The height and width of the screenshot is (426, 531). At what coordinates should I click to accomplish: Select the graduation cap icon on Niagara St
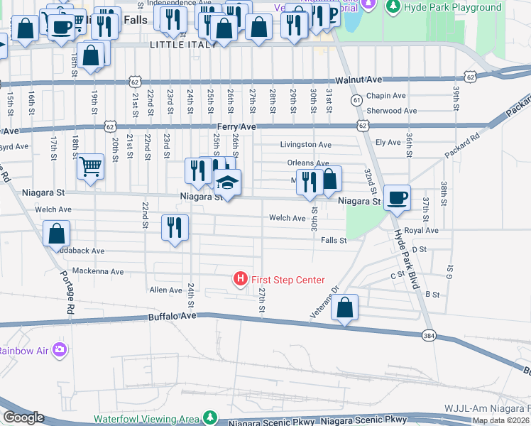coord(228,183)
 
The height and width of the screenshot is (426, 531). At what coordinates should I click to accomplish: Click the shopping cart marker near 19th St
coord(90,168)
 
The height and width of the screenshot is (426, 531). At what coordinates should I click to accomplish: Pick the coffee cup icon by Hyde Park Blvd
coord(397,197)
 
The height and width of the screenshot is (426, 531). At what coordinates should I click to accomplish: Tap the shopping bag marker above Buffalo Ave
coord(344,307)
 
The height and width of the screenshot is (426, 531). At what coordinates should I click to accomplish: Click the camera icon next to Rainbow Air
coord(60,349)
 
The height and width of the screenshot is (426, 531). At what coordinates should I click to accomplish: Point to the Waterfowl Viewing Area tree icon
coord(209,417)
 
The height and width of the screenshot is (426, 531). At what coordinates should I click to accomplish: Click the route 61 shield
coord(356,102)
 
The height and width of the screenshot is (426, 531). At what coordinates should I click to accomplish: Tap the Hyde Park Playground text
coord(452,8)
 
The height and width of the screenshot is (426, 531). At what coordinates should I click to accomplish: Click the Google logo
coord(23,417)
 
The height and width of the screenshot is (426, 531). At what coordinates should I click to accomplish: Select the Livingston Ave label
coord(305,145)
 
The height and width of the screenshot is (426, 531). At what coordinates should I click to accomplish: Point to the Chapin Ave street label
coord(386,96)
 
